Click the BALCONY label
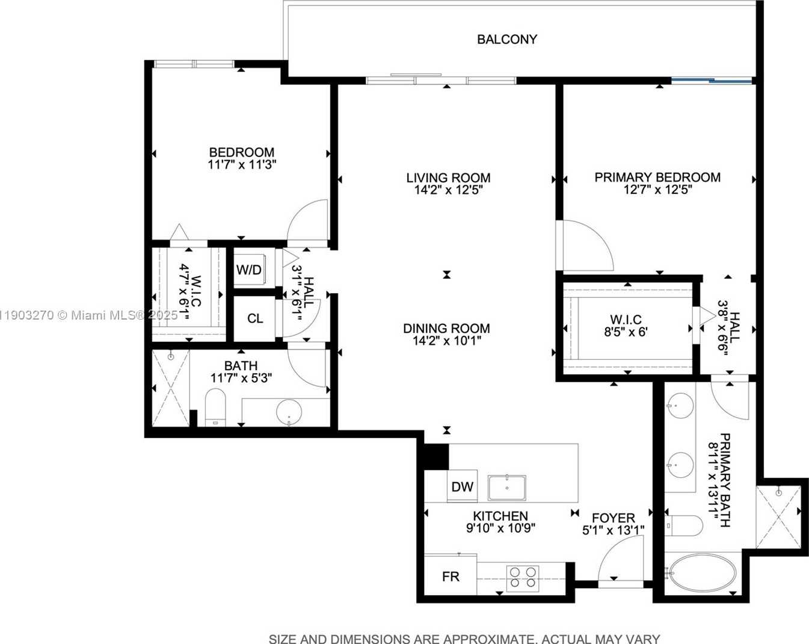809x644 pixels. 506,39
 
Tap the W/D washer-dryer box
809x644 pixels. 249,270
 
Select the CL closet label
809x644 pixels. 255,318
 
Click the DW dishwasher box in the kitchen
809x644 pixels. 462,486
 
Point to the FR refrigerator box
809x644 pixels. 451,576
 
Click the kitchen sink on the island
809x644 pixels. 506,488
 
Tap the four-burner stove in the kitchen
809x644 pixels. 522,577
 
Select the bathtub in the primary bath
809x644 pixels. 702,574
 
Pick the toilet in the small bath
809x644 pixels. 215,407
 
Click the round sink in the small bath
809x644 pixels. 289,411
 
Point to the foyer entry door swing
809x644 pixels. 620,559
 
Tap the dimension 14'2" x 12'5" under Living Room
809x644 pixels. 448,190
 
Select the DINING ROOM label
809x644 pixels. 446,328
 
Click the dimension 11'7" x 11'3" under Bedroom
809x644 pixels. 242,164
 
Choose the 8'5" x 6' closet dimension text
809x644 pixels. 626,332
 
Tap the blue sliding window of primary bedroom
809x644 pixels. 712,79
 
